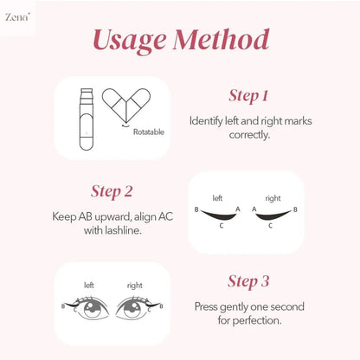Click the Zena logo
(x=17, y=17)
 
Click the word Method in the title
(x=222, y=39)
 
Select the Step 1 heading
(x=248, y=96)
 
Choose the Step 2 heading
(x=112, y=191)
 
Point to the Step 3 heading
(x=248, y=281)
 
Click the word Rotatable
(x=149, y=132)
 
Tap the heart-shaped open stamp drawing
(x=126, y=105)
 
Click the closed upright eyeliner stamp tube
(x=87, y=119)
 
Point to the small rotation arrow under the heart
(x=125, y=125)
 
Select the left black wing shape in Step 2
(x=218, y=215)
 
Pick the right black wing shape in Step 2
(x=273, y=215)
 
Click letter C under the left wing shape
(x=222, y=226)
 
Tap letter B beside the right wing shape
(x=295, y=209)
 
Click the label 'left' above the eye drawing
(x=89, y=286)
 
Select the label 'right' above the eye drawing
(x=135, y=286)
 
